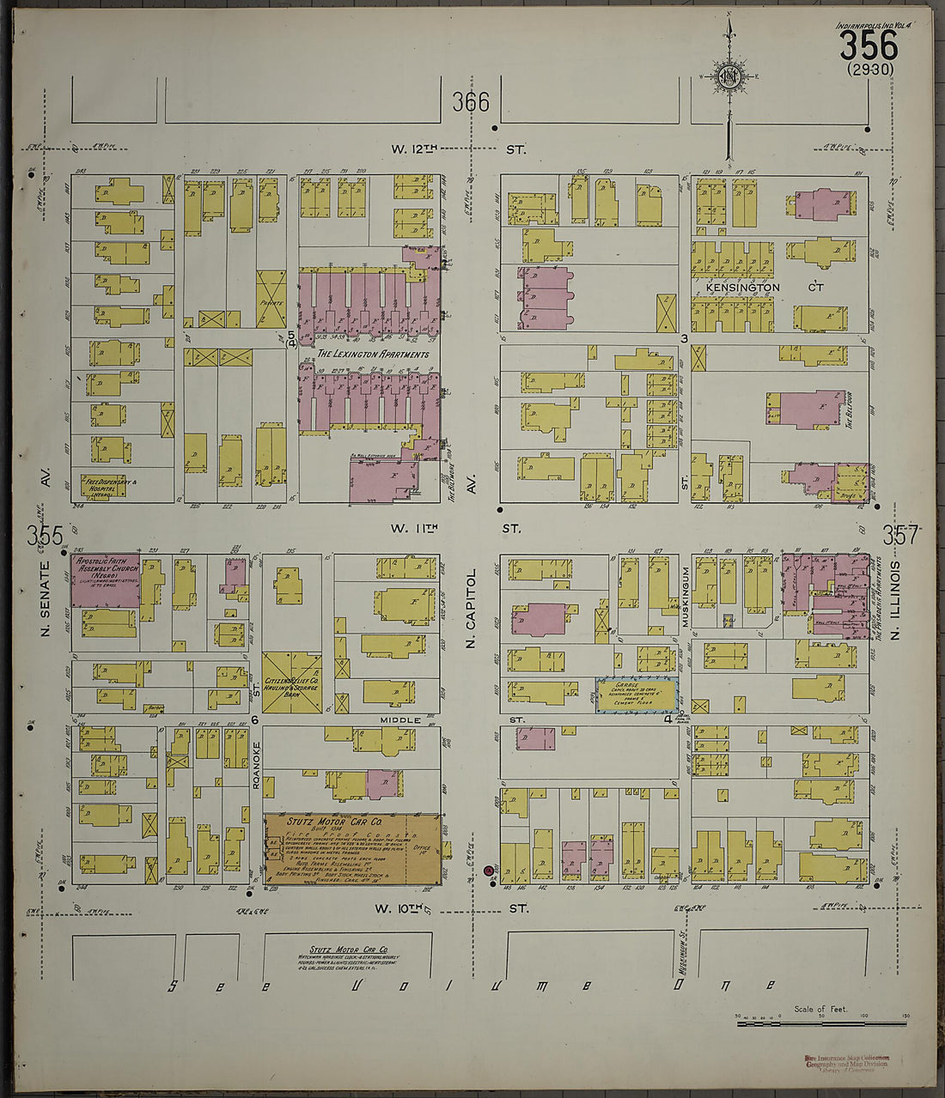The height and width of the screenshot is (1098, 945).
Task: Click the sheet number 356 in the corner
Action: pyautogui.click(x=868, y=45)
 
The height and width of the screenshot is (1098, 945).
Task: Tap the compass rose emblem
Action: pyautogui.click(x=729, y=76)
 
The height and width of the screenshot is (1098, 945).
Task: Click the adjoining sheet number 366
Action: pyautogui.click(x=471, y=103)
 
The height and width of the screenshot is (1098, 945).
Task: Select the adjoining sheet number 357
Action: pyautogui.click(x=901, y=536)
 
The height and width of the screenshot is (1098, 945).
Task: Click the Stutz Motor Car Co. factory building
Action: pyautogui.click(x=352, y=849)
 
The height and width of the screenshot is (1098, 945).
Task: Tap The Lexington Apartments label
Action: pyautogui.click(x=372, y=354)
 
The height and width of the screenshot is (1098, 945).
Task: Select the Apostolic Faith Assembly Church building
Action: pyautogui.click(x=105, y=580)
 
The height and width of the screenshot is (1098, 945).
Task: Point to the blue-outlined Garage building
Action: pyautogui.click(x=637, y=694)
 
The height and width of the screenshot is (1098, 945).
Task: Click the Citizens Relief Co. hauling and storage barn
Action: pyautogui.click(x=292, y=682)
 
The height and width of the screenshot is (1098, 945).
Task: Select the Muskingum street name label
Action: pyautogui.click(x=686, y=599)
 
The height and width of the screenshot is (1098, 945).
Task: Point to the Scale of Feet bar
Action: pyautogui.click(x=822, y=1023)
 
